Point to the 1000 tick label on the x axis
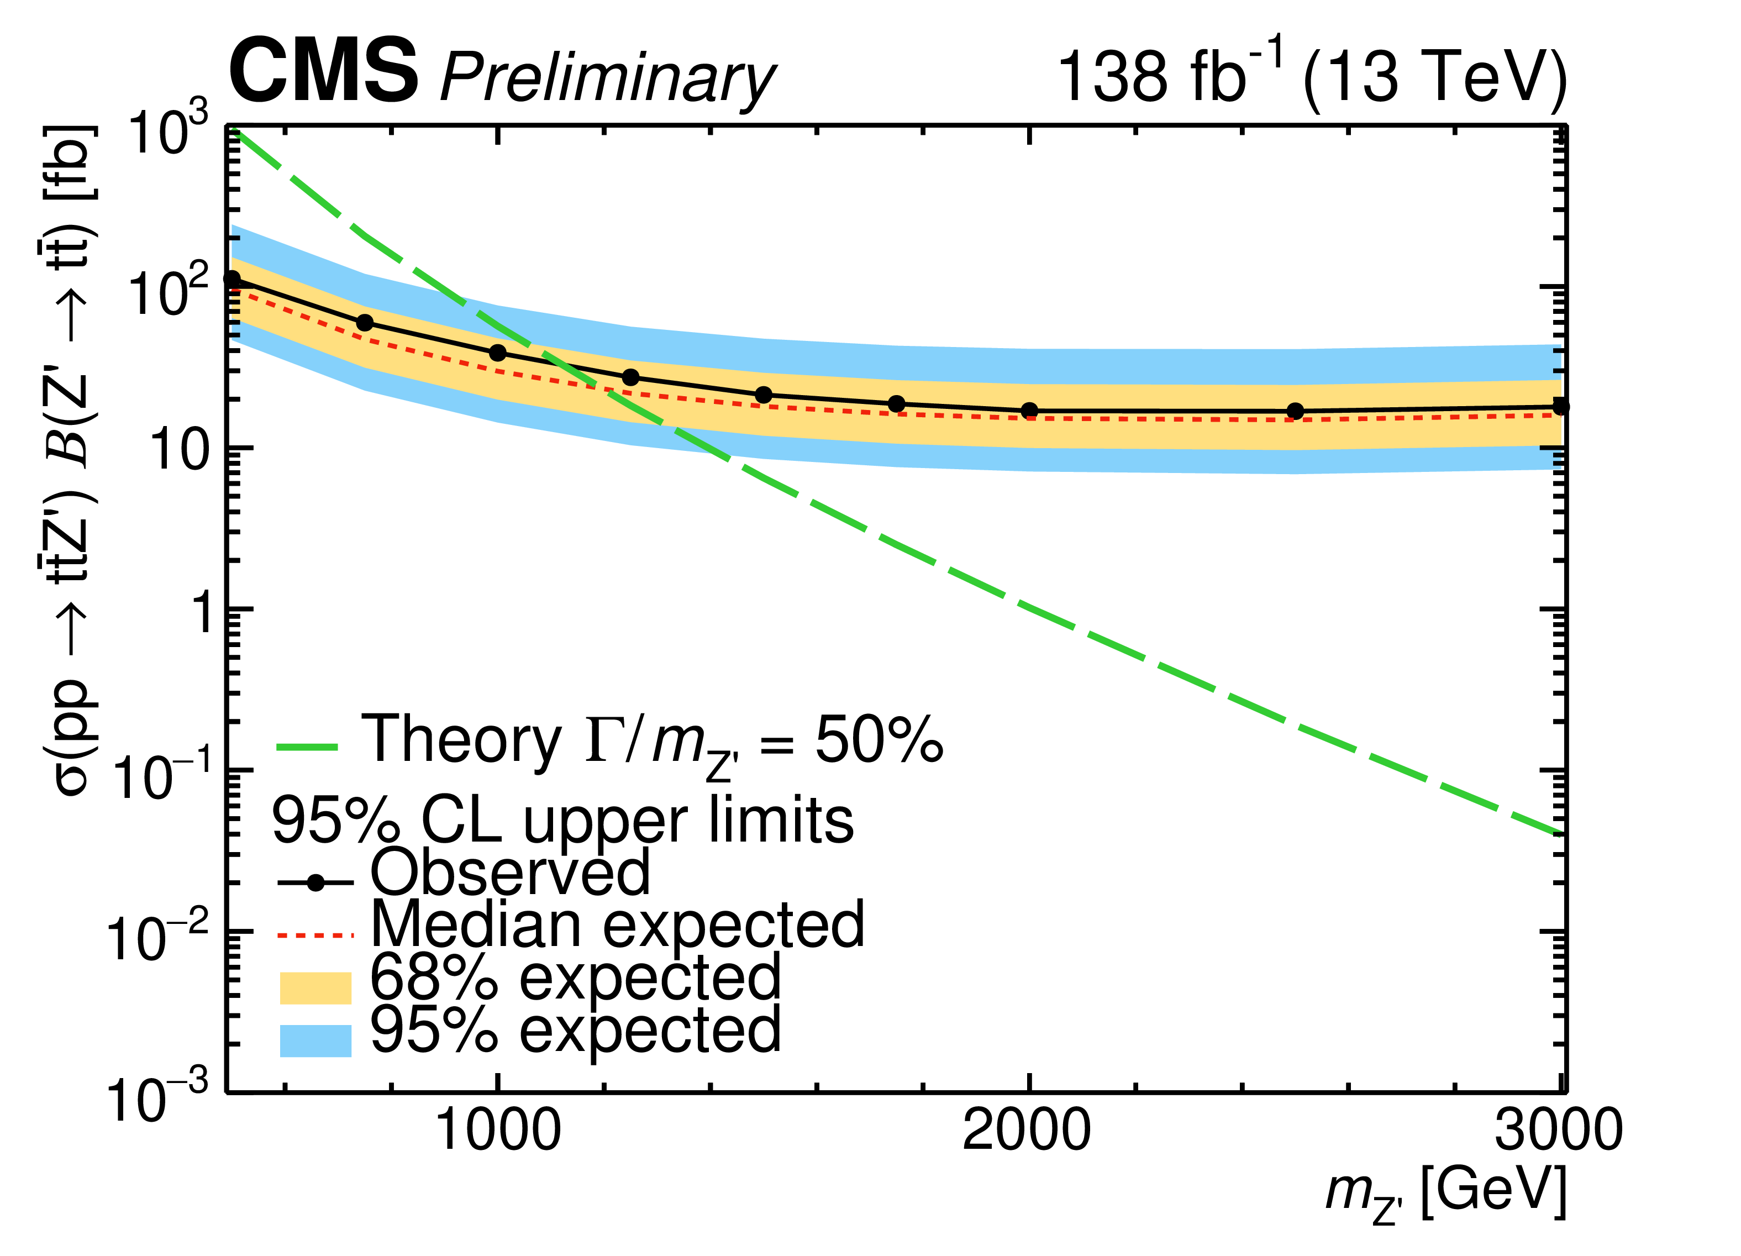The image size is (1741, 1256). (498, 1130)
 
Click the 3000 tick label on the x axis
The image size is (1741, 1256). (1558, 1130)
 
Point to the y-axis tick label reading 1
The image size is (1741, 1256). (201, 613)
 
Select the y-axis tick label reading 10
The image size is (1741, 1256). (180, 451)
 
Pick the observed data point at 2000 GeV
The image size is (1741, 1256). (1029, 410)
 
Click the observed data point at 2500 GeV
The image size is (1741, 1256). (1295, 411)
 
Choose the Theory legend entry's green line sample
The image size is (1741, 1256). (307, 746)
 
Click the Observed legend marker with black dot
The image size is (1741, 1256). (315, 884)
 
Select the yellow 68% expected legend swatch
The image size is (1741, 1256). (315, 988)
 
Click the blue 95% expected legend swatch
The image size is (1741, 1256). (315, 1040)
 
